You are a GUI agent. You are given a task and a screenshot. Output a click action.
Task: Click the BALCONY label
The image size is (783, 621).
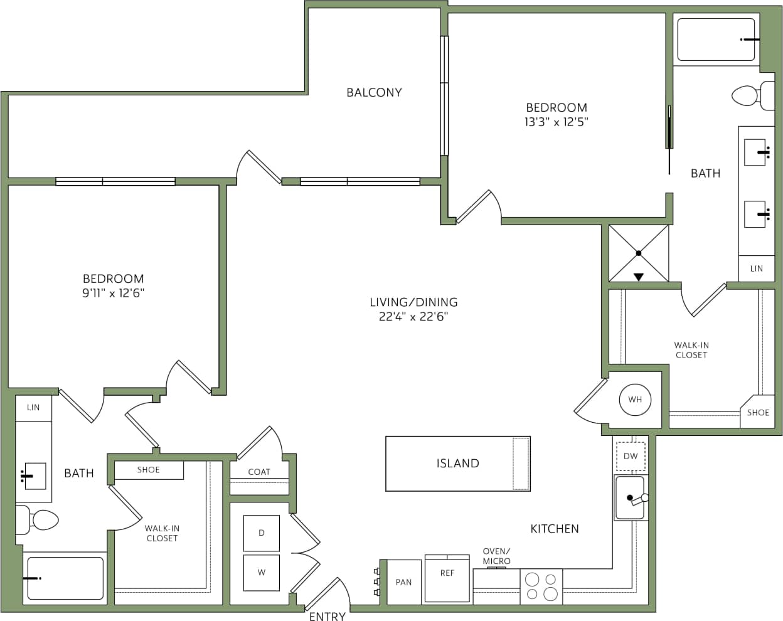(374, 92)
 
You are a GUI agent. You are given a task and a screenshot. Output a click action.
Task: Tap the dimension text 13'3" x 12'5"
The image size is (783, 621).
(556, 122)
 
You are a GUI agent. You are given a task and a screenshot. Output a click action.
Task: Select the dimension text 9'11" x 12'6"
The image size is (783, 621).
(113, 293)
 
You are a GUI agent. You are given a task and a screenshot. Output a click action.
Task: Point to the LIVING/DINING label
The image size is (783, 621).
(413, 302)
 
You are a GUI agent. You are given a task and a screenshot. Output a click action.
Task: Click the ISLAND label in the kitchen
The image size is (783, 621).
(457, 464)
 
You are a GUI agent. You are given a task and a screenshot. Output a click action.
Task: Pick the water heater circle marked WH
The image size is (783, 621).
(635, 400)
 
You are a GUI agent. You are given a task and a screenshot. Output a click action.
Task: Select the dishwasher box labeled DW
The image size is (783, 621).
(631, 456)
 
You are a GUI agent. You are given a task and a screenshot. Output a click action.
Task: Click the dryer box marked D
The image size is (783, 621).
(261, 533)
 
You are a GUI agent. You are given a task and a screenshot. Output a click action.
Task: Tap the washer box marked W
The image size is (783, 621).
(261, 572)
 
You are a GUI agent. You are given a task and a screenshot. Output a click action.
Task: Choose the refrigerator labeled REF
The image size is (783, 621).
(447, 578)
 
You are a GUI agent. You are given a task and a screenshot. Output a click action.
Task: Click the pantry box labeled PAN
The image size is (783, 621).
(403, 582)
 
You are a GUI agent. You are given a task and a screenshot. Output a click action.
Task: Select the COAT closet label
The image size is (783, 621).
(258, 472)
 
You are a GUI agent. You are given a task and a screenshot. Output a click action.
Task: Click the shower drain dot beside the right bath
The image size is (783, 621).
(639, 253)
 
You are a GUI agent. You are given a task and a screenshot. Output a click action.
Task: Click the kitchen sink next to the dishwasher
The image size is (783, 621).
(630, 498)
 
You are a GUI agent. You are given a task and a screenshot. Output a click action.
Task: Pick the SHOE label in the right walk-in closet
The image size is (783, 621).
(758, 412)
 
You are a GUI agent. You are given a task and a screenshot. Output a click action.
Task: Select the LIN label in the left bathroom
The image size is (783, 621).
(33, 407)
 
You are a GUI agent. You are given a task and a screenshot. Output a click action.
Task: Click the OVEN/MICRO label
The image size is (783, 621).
(496, 556)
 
